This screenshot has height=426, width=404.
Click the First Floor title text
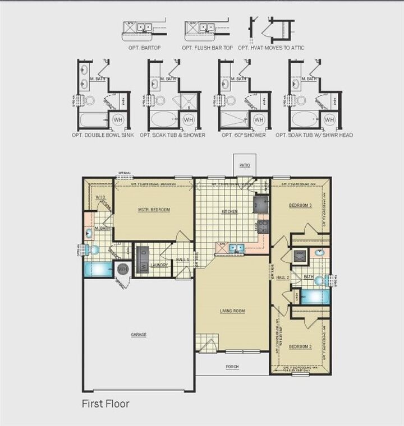(x=106, y=403)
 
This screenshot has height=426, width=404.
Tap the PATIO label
(x=245, y=165)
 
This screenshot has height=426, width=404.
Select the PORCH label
(x=232, y=367)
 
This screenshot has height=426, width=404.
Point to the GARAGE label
(x=139, y=335)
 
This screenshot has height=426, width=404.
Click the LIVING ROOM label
(x=232, y=311)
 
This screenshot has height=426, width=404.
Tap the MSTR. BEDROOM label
(x=154, y=210)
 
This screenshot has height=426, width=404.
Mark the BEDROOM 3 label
(x=300, y=205)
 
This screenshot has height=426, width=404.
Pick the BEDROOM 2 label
(x=300, y=347)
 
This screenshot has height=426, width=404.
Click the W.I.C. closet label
(x=101, y=198)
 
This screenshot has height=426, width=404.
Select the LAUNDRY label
(x=159, y=265)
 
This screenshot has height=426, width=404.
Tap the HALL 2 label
(x=283, y=277)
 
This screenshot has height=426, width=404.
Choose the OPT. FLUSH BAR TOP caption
(x=207, y=48)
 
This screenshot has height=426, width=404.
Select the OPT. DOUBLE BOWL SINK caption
(x=103, y=135)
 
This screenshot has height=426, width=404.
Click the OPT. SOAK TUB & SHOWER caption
(x=172, y=135)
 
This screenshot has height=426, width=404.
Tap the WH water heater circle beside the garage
(x=122, y=270)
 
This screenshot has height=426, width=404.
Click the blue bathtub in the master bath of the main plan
(x=98, y=270)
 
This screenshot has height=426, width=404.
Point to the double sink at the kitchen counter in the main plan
(x=235, y=247)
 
